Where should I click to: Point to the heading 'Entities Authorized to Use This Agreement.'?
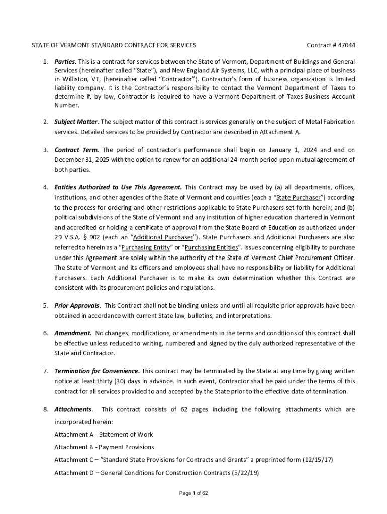(x=118, y=187)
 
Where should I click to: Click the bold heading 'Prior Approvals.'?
(x=77, y=305)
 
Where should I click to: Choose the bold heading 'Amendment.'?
(x=73, y=333)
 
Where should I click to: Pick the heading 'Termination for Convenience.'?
(x=97, y=371)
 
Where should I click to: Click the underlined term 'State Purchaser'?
(x=299, y=197)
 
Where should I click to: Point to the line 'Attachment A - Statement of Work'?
(x=104, y=435)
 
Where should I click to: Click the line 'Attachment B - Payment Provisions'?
(x=104, y=447)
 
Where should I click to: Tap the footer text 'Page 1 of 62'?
(x=193, y=493)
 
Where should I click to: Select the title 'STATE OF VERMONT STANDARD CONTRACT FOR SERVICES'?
(x=114, y=45)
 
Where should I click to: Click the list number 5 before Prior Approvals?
(x=45, y=305)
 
